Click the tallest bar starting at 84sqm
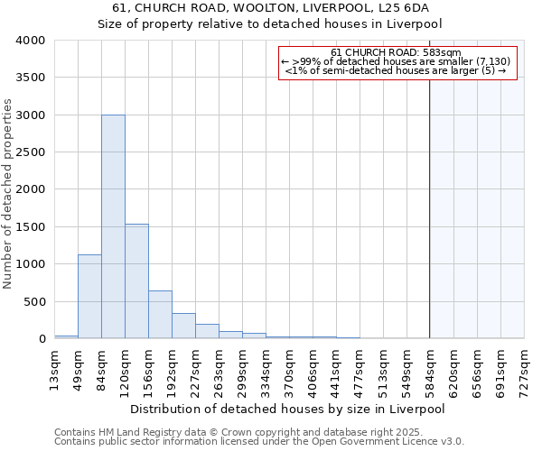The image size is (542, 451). pyautogui.click(x=113, y=226)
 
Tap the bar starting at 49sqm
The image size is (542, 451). pyautogui.click(x=89, y=297)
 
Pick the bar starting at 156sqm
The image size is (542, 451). pyautogui.click(x=160, y=315)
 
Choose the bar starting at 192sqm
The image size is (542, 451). pyautogui.click(x=183, y=326)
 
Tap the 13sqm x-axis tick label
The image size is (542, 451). pyautogui.click(x=55, y=366)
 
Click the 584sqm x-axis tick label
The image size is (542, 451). pyautogui.click(x=430, y=366)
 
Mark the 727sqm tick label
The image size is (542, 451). pyautogui.click(x=524, y=366)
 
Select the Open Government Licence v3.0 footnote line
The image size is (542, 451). pyautogui.click(x=259, y=442)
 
